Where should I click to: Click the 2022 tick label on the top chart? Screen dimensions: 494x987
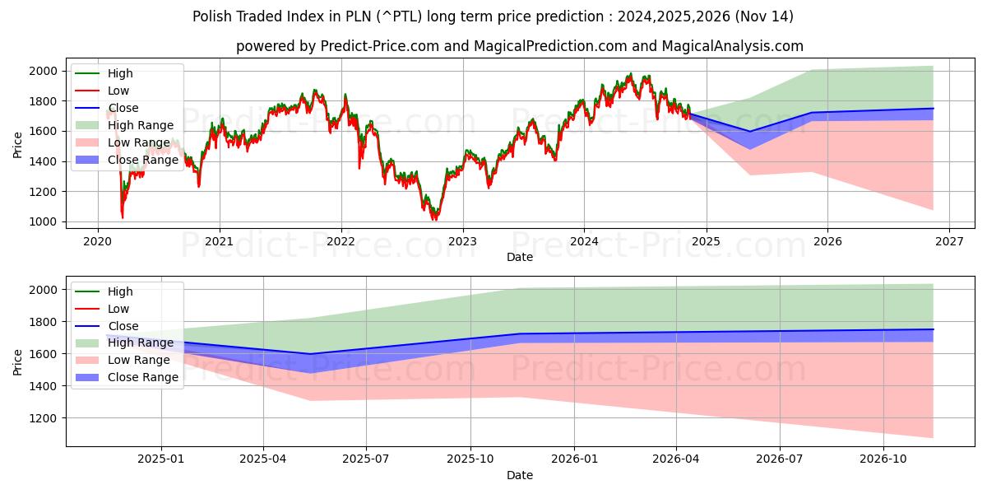341,241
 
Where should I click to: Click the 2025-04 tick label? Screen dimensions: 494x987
263,459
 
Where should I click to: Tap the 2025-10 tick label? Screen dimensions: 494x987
470,459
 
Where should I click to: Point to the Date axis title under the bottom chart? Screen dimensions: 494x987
520,475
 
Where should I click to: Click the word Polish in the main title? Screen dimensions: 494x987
210,16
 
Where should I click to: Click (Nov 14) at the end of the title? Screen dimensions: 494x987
766,16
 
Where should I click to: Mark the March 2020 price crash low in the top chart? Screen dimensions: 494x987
122,217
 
